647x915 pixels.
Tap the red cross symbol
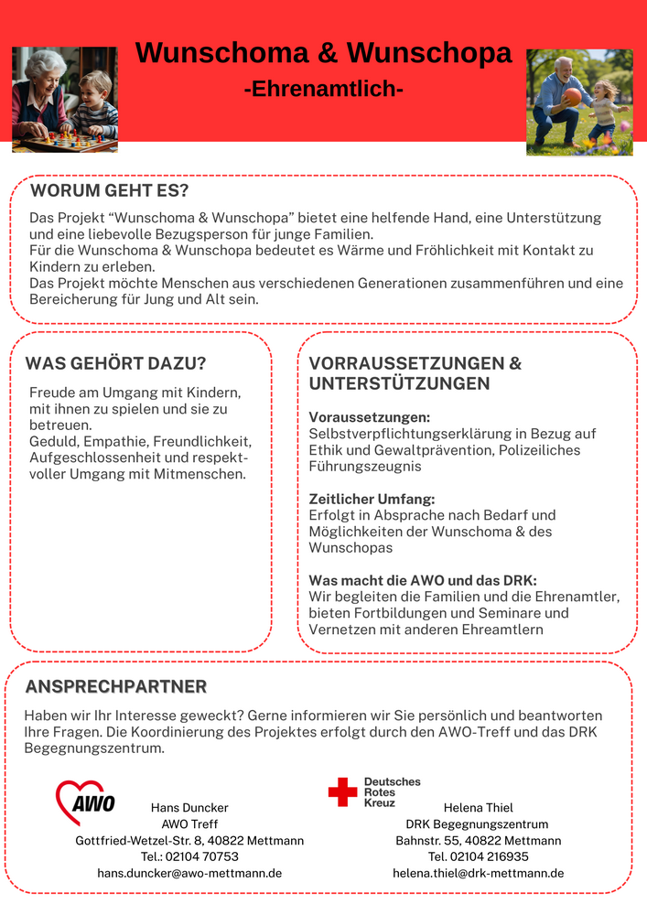pyautogui.click(x=343, y=792)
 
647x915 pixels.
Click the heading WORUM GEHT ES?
pyautogui.click(x=109, y=191)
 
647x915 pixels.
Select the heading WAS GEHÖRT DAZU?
pyautogui.click(x=115, y=363)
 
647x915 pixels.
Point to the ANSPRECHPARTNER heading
pyautogui.click(x=116, y=686)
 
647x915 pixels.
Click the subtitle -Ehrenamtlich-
pyautogui.click(x=323, y=90)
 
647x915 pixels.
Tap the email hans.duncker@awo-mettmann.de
pyautogui.click(x=189, y=873)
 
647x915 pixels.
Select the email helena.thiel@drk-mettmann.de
pyautogui.click(x=479, y=873)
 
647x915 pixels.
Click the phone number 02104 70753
pyautogui.click(x=203, y=856)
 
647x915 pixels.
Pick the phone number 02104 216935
pyautogui.click(x=491, y=856)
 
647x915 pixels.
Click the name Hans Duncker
pyautogui.click(x=189, y=808)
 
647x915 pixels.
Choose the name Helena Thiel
pyautogui.click(x=479, y=808)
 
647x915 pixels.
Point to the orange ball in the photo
pyautogui.click(x=572, y=95)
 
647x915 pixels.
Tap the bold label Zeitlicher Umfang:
pyautogui.click(x=359, y=499)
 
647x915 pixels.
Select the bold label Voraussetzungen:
pyautogui.click(x=357, y=417)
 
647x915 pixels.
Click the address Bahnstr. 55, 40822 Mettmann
pyautogui.click(x=479, y=840)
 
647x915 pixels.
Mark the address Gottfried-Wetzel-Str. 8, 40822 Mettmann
pyautogui.click(x=189, y=840)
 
